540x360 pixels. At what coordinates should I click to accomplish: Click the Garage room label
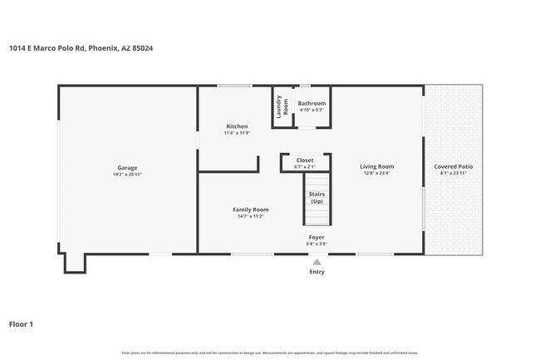[x=127, y=167]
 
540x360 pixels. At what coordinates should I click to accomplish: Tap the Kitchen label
[x=236, y=126]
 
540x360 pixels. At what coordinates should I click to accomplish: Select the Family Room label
[x=250, y=210]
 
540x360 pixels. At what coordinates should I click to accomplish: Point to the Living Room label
[x=376, y=166]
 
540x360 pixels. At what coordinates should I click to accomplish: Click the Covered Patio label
[x=454, y=166]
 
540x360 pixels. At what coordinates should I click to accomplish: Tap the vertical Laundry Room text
[x=282, y=106]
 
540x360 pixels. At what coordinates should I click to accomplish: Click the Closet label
[x=305, y=160]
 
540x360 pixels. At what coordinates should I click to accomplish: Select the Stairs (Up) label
[x=317, y=198]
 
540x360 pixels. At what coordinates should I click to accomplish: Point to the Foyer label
[x=317, y=238]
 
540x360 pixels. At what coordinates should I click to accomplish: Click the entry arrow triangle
[x=317, y=261]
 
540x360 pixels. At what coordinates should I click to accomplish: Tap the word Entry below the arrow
[x=317, y=272]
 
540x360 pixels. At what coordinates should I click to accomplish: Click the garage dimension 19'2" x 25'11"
[x=127, y=174]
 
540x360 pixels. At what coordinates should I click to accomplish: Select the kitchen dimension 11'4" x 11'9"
[x=236, y=133]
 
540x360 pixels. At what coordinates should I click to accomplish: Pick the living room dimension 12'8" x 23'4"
[x=376, y=173]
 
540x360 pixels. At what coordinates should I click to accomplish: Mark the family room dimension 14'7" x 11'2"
[x=250, y=216]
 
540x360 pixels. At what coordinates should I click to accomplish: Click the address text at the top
[x=81, y=48]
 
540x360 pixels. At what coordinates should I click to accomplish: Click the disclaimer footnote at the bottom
[x=270, y=353]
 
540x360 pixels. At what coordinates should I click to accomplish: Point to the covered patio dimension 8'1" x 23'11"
[x=454, y=173]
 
